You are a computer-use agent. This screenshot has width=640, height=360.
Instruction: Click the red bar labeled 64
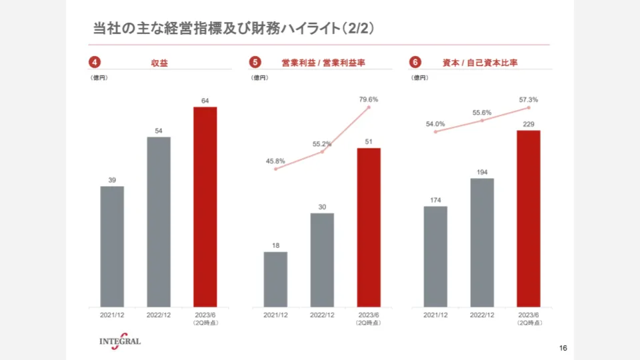pos(205,207)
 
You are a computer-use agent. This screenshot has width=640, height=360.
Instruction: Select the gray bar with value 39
pos(112,247)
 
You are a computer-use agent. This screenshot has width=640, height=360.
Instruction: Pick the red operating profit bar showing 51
pos(369,227)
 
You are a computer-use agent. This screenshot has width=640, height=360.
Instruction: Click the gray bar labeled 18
pos(275,279)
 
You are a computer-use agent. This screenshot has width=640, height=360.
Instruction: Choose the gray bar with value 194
pos(482,243)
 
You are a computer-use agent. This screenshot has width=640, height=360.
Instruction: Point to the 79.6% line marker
pos(369,107)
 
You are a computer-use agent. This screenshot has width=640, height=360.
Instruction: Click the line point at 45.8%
pos(275,169)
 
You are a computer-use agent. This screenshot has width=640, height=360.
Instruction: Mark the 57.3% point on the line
pos(529,107)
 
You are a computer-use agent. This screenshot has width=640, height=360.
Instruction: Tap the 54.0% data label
pos(435,124)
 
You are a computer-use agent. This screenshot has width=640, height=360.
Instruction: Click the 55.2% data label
pos(322,144)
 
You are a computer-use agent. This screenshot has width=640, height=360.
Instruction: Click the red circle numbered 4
pos(95,63)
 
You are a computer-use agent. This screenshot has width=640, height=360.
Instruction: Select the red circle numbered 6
pos(415,63)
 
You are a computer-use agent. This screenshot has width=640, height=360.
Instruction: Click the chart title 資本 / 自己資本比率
pos(480,63)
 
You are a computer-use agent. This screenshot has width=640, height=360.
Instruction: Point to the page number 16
pos(563,348)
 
